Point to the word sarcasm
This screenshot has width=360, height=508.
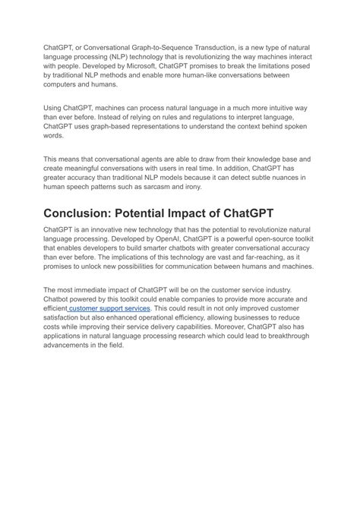188,187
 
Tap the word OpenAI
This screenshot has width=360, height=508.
157,238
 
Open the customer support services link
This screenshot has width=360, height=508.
111,309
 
